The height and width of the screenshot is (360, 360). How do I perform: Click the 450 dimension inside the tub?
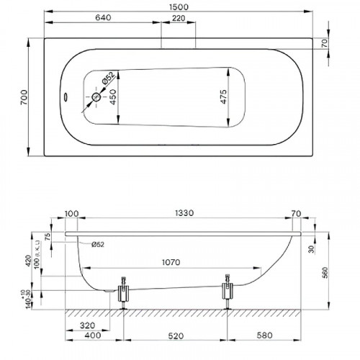click(112, 102)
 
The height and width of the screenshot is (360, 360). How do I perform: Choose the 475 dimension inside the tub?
click(224, 99)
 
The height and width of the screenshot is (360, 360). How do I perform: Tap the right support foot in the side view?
click(229, 292)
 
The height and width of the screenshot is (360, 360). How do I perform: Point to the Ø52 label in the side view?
click(99, 243)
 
